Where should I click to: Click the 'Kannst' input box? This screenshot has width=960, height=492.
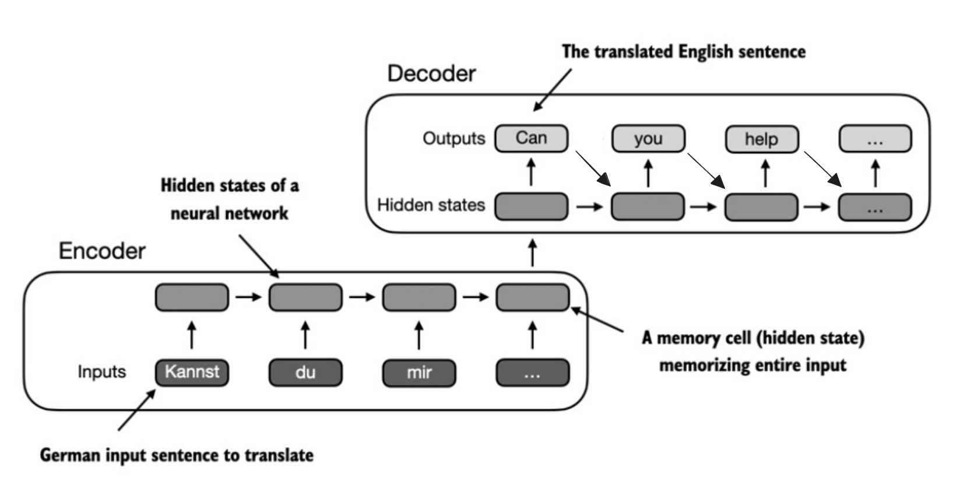(x=192, y=372)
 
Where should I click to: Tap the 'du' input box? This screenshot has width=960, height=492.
(x=305, y=372)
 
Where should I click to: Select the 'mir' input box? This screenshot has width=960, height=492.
(x=419, y=373)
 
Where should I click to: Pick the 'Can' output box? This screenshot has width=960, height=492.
(x=532, y=138)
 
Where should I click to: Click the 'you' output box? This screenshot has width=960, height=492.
(x=648, y=138)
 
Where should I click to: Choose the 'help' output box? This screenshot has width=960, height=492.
(x=762, y=139)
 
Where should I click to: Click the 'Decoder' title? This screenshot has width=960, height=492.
(x=431, y=73)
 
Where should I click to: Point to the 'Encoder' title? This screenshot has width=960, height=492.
(x=102, y=251)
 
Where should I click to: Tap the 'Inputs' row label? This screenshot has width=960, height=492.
(x=102, y=372)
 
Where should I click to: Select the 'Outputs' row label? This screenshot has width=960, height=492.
(x=454, y=138)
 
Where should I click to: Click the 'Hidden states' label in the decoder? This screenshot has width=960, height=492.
(x=431, y=205)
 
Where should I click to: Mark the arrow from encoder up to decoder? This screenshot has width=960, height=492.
(x=532, y=253)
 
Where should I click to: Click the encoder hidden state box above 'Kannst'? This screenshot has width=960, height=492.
(x=192, y=297)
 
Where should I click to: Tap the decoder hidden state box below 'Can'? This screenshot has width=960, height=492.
(x=532, y=206)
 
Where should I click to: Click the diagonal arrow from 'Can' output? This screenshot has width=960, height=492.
(x=593, y=168)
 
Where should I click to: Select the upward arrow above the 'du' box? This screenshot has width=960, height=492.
(x=305, y=335)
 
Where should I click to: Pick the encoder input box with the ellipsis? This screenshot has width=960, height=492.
(x=533, y=372)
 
